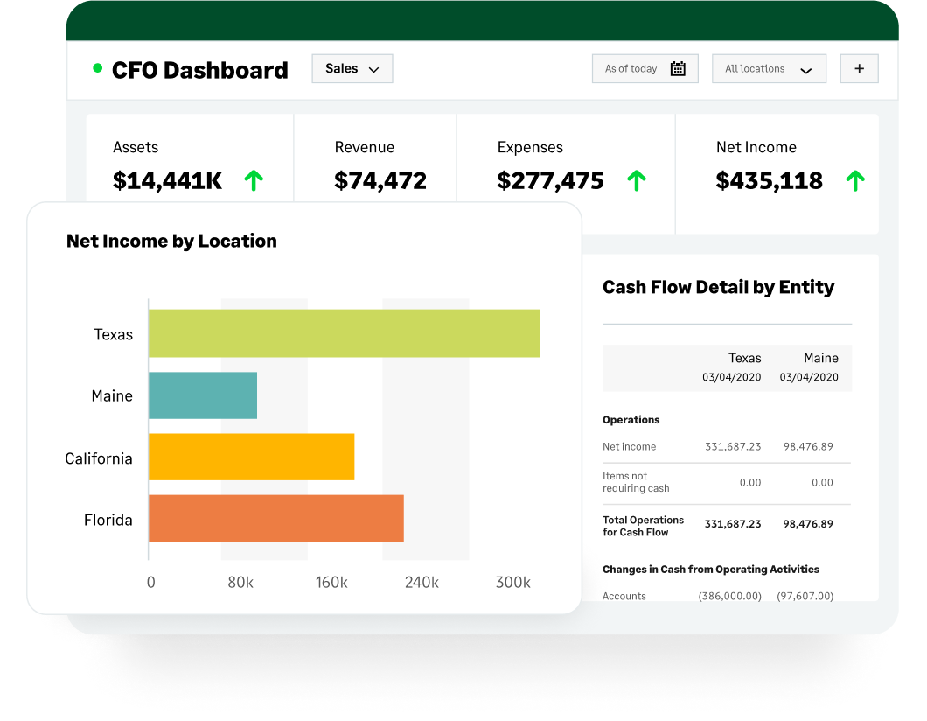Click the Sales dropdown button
coord(352,69)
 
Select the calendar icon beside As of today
coord(678,69)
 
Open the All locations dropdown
coord(769,69)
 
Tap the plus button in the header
coord(859,69)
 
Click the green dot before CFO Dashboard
coord(97,68)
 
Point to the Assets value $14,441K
coord(167,181)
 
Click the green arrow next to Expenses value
coord(637,181)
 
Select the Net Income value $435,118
coord(769,181)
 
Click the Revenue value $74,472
coord(380,181)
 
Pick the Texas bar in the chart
coord(344,333)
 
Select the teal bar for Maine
coord(202,395)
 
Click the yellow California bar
coord(251,457)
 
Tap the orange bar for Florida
coord(275,518)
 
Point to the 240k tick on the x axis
coord(422,583)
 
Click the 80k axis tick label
coord(240,583)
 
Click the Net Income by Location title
coord(171,241)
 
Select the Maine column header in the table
coord(820,358)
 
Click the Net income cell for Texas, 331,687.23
coord(733,446)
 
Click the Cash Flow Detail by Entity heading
coord(718,287)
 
